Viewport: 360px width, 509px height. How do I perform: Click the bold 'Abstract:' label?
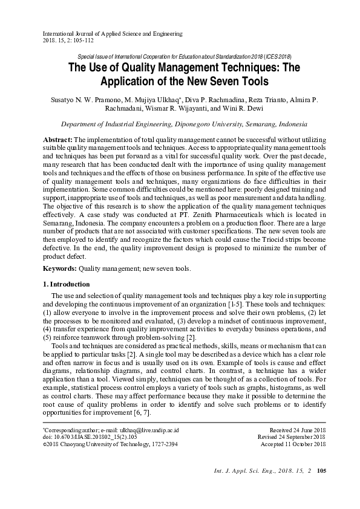pyautogui.click(x=57, y=139)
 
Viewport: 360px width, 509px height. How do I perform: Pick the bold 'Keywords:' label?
pyautogui.click(x=60, y=267)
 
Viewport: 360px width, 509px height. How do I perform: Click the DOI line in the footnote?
pyautogui.click(x=91, y=437)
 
